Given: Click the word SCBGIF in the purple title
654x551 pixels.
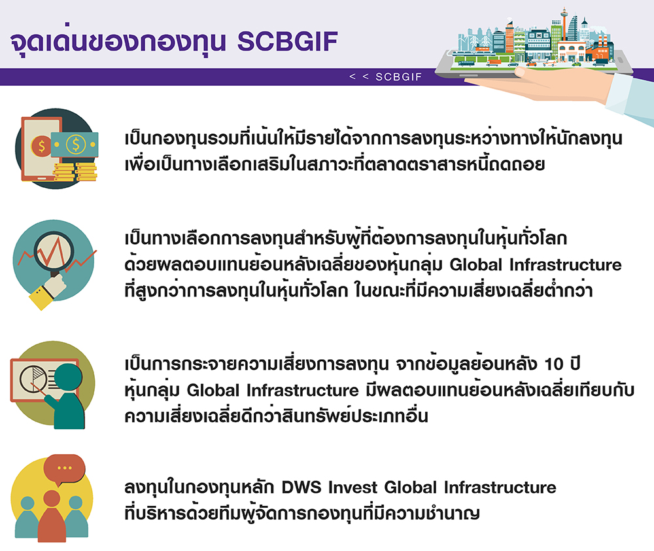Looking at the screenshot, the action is click(287, 41).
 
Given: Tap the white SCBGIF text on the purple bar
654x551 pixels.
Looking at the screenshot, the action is click(399, 77).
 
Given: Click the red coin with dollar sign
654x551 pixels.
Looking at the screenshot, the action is click(42, 146).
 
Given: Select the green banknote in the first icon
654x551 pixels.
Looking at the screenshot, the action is click(75, 145).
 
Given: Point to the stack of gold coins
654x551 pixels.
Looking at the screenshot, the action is click(75, 172).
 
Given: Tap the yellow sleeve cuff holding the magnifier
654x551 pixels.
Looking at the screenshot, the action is click(41, 298).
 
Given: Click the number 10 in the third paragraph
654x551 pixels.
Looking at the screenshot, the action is click(554, 364).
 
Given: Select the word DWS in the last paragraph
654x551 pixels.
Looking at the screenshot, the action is click(301, 488).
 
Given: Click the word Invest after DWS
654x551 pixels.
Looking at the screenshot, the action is click(353, 488).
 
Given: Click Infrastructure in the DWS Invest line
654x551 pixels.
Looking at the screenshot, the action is click(500, 488).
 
